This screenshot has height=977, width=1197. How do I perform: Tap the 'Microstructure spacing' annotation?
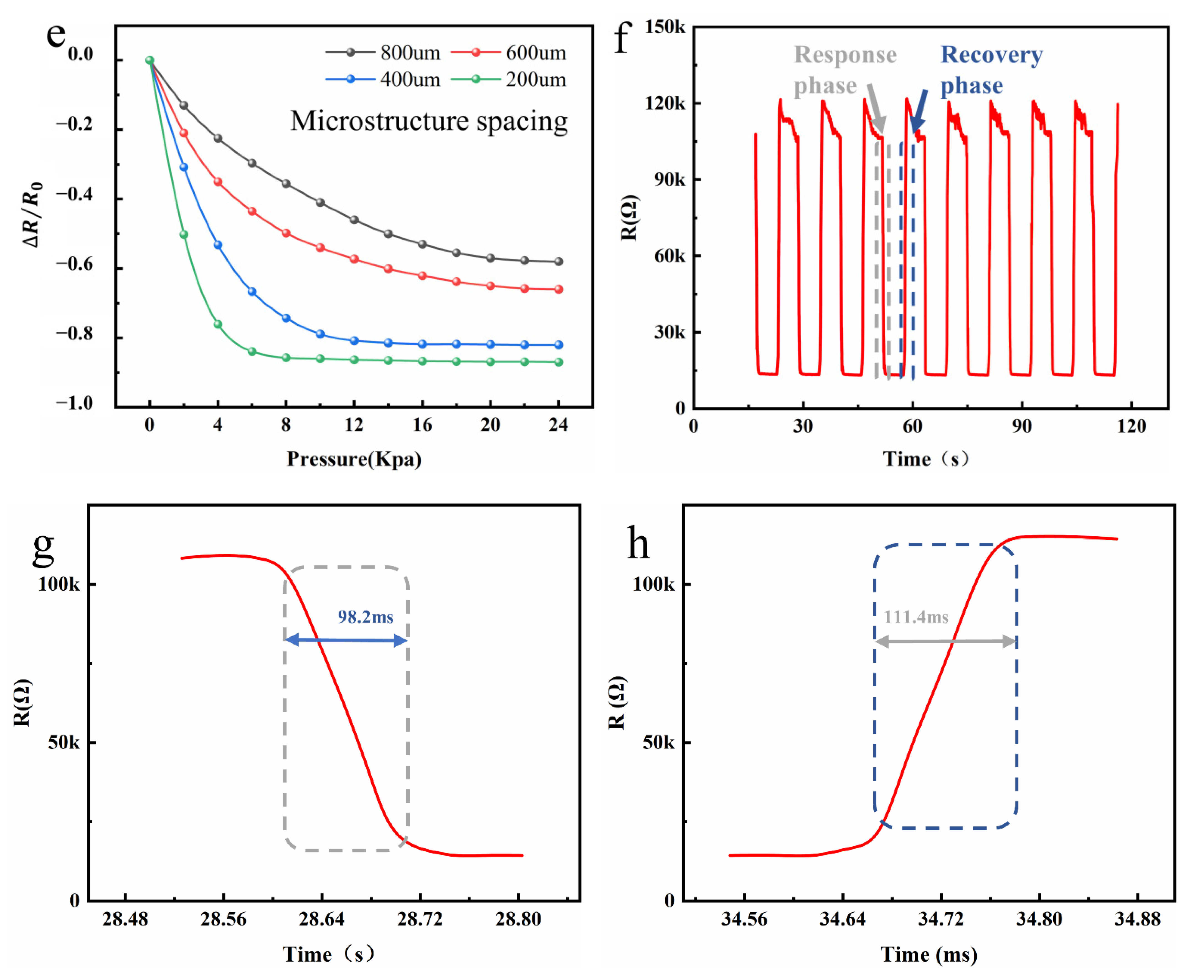(x=429, y=121)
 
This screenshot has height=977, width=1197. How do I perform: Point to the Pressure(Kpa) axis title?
(x=354, y=459)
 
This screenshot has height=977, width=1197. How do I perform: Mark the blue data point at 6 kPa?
(x=252, y=292)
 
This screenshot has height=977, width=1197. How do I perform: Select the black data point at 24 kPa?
(x=558, y=261)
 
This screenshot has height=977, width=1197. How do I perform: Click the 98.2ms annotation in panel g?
(x=365, y=617)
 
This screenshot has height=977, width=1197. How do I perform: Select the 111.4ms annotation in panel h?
(x=915, y=617)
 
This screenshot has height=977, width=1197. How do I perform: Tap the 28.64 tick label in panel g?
(x=321, y=919)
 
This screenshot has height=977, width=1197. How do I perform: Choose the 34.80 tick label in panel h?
(x=1039, y=919)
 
